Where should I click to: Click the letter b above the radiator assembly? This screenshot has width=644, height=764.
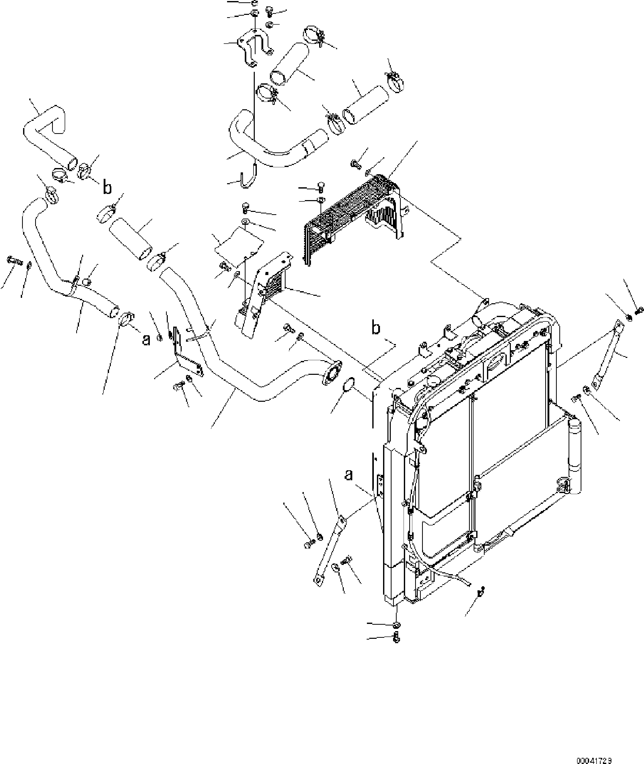click(376, 328)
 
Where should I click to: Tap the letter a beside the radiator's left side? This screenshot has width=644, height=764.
click(349, 475)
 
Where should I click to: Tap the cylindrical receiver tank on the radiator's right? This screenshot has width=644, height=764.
click(574, 456)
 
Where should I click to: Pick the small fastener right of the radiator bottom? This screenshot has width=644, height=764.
click(482, 591)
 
